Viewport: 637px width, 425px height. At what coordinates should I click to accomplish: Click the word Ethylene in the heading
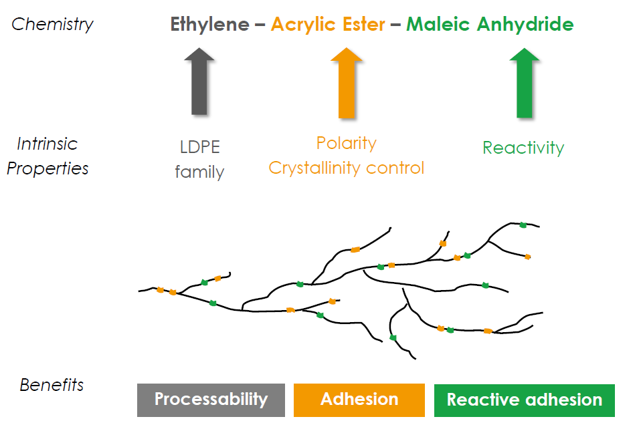pos(209,24)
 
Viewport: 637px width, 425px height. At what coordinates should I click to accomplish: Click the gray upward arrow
pos(199,82)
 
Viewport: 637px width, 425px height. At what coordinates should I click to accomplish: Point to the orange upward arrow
pos(347,83)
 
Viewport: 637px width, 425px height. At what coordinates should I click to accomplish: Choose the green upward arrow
pos(525,83)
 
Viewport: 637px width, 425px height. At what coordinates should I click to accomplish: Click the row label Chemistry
pos(52,25)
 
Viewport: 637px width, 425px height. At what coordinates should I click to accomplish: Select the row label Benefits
pos(52,385)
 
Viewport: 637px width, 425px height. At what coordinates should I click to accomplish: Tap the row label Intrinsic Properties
pos(48,156)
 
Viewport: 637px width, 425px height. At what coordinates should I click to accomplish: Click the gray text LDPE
pos(200,147)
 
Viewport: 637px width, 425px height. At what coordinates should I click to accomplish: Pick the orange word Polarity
pos(347,144)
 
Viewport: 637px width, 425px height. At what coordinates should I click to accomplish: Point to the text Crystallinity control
pos(347,168)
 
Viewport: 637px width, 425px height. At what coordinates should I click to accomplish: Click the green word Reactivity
pos(523,148)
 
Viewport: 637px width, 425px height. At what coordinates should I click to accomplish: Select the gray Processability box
pos(211,400)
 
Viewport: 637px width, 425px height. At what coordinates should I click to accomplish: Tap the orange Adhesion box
pos(359,400)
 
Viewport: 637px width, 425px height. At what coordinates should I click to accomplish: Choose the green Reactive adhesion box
pos(525,400)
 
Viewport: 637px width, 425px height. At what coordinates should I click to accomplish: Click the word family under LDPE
pos(199,172)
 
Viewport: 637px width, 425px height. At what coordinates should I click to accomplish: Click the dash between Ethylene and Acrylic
pos(260,25)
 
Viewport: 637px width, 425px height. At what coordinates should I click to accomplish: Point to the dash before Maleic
pos(395,25)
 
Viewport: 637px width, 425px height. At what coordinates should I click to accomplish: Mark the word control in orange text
pos(395,168)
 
